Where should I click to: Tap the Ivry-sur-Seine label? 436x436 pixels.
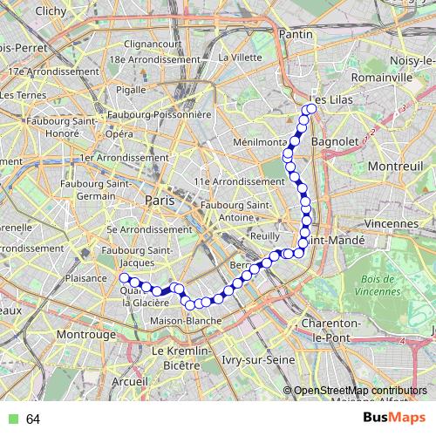pos(231,358)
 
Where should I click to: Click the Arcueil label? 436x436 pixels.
pos(130,381)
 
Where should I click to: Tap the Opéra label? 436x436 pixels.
pos(119,134)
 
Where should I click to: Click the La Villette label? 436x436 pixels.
pos(240,58)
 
